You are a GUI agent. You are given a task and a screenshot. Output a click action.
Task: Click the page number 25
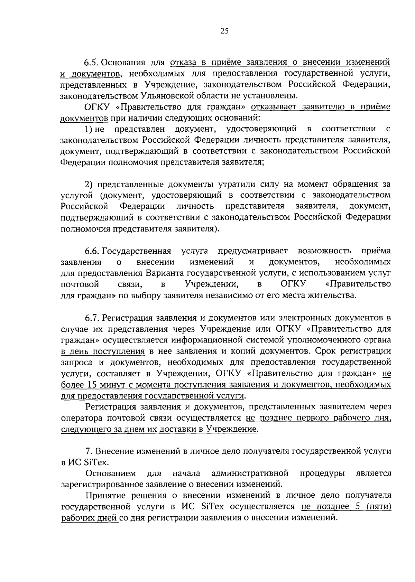coord(224,31)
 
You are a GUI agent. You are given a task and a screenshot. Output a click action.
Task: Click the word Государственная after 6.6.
coord(137,250)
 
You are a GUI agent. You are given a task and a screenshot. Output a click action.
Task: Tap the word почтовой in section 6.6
coord(80,284)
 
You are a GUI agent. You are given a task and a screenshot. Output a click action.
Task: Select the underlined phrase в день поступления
coord(103,351)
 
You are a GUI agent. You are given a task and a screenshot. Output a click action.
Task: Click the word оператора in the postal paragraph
coord(81,418)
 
